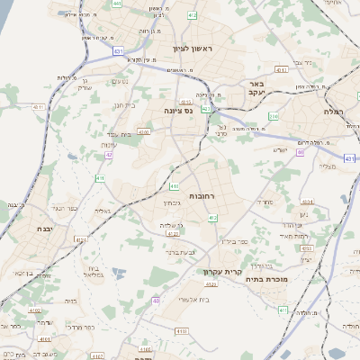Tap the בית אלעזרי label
click(194, 299)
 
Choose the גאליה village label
click(103, 211)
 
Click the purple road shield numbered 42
click(109, 154)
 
